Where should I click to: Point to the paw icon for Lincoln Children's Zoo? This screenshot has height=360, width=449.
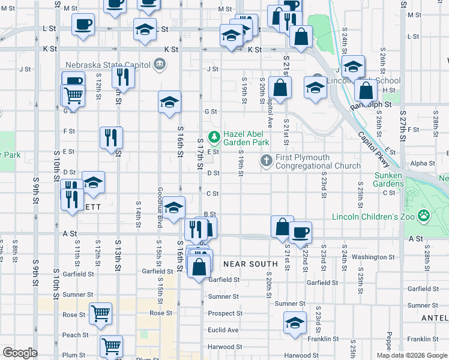424,215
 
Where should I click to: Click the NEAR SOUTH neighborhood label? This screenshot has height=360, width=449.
250,264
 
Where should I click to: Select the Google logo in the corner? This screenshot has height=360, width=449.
20,353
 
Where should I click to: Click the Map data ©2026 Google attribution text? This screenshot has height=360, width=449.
412,355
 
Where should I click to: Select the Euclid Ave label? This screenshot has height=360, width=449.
223,330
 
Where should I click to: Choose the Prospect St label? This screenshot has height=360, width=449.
225,313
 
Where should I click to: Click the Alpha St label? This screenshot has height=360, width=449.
423,163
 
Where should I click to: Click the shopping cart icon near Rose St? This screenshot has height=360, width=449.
100,313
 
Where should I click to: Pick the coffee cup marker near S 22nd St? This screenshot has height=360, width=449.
300,232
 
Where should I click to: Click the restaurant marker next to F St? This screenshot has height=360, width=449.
111,137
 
